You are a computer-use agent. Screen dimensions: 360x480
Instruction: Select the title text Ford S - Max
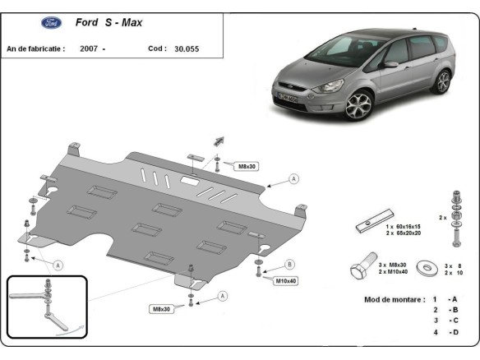coord(108,23)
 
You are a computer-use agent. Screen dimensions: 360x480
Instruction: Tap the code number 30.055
coord(187,49)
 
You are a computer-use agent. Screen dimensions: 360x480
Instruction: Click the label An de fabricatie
coord(35,49)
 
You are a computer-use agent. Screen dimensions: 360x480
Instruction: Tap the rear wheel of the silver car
coord(443,81)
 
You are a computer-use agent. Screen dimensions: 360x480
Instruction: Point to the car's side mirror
coord(390,64)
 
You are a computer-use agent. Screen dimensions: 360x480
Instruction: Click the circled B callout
coord(289,264)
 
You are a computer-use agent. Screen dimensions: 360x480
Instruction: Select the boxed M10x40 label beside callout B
coord(285,280)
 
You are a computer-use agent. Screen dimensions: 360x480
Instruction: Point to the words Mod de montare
coord(395,299)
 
